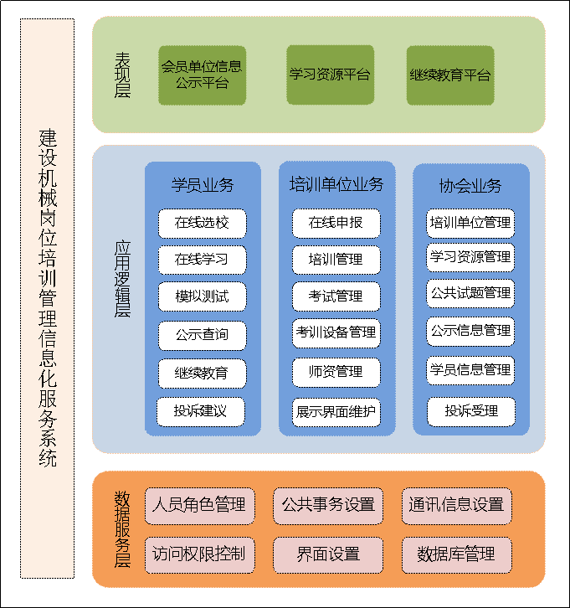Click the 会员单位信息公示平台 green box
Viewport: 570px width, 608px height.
point(202,75)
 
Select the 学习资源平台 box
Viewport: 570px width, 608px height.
point(330,75)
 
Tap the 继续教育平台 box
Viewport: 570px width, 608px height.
point(450,75)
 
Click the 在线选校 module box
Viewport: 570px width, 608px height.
point(201,223)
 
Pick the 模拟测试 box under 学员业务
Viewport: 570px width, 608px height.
point(201,296)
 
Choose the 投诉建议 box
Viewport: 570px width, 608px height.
point(201,411)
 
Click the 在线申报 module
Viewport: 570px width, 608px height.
point(336,223)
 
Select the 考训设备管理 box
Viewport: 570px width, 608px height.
point(336,332)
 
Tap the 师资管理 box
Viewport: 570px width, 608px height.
point(336,371)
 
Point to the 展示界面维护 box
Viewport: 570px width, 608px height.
point(336,411)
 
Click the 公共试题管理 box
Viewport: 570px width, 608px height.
point(470,294)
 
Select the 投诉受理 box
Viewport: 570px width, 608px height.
point(471,411)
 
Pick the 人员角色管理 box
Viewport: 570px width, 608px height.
point(199,505)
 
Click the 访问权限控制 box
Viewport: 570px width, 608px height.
point(199,554)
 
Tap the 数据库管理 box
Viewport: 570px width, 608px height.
point(455,554)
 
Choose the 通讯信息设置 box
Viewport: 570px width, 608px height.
point(455,505)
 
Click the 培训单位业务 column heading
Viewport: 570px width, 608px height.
point(336,184)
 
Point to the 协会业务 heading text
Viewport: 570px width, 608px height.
point(470,185)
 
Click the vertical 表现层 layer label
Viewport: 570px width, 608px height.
point(123,75)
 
